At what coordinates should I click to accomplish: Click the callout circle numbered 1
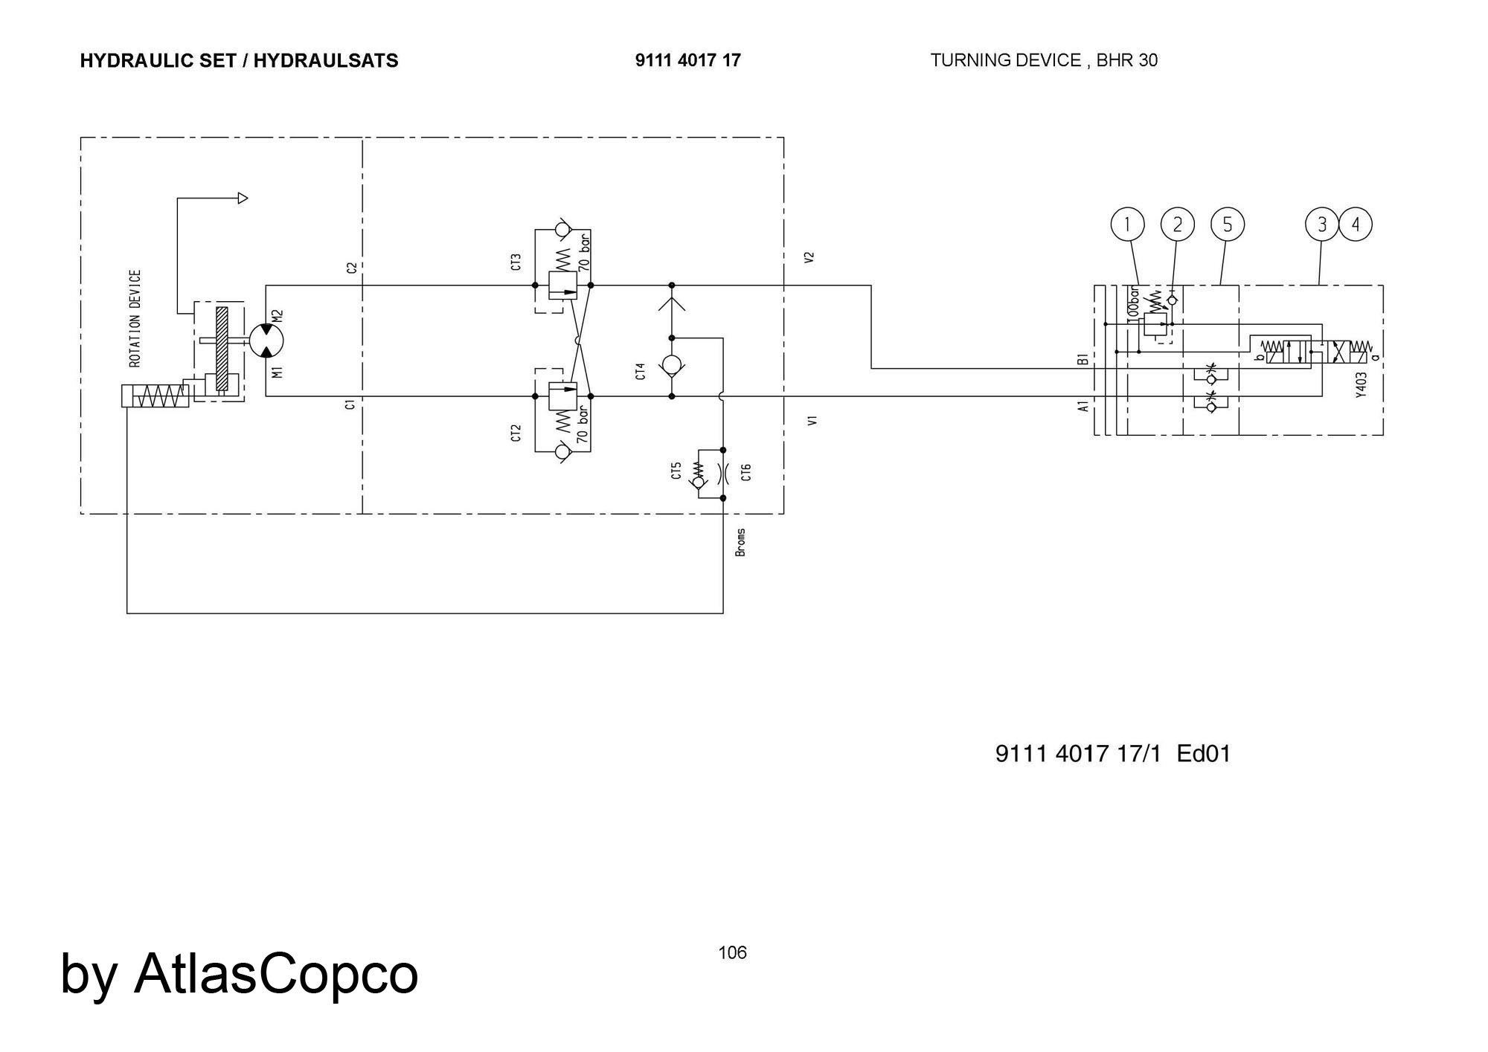point(1127,225)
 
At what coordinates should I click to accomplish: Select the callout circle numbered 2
point(1177,225)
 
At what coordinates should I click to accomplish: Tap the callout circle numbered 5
point(1227,225)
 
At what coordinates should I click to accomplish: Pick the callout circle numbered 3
point(1322,225)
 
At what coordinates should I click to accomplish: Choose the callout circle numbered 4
point(1356,225)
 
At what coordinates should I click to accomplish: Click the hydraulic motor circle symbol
point(266,341)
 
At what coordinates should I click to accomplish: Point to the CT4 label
point(641,371)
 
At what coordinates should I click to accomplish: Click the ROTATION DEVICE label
point(135,318)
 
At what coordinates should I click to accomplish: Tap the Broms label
point(740,543)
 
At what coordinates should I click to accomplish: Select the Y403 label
point(1361,385)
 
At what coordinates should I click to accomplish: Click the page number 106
point(732,952)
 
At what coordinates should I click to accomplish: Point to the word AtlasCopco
point(276,973)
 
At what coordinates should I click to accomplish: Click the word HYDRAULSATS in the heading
point(326,60)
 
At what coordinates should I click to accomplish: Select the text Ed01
point(1204,754)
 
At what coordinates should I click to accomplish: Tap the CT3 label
point(516,262)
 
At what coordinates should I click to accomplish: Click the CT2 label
point(516,433)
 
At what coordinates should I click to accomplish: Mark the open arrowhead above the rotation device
point(243,199)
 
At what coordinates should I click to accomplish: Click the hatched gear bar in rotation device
point(222,348)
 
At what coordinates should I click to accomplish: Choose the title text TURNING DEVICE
point(1005,60)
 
